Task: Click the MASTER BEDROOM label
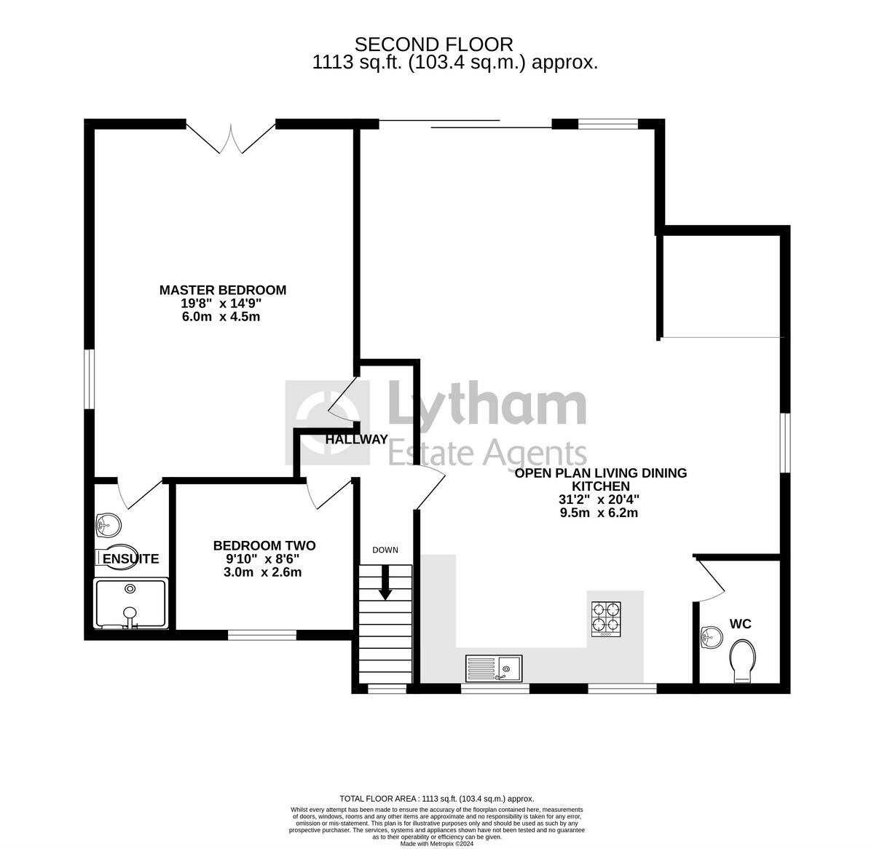[223, 290]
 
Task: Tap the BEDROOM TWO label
[264, 545]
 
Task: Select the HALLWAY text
[356, 440]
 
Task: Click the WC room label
[741, 624]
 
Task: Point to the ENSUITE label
[131, 559]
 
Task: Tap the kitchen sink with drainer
[495, 668]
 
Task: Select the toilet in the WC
[742, 660]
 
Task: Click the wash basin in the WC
[710, 638]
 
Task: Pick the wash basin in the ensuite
[109, 523]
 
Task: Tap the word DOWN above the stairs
[385, 550]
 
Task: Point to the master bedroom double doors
[231, 138]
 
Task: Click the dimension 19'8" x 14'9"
[223, 304]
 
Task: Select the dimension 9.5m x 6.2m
[599, 513]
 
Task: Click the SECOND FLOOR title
[433, 45]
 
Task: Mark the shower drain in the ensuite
[130, 588]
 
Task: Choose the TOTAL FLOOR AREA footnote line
[437, 799]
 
